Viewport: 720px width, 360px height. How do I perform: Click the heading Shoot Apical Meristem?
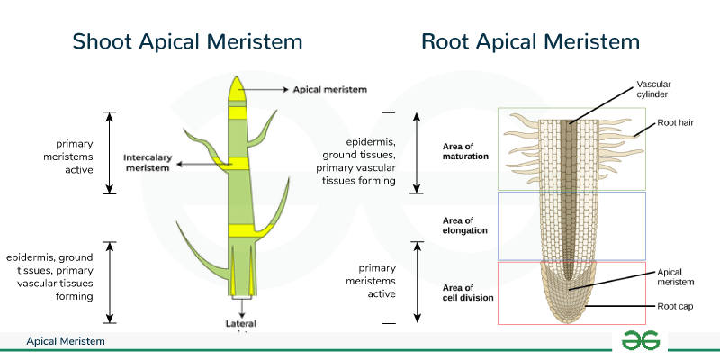click(x=187, y=41)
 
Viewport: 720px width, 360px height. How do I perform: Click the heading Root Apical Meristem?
click(x=531, y=41)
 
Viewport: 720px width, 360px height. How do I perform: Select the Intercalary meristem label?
click(x=147, y=162)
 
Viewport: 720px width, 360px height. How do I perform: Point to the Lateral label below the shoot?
click(x=240, y=322)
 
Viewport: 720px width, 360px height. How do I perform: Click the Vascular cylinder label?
click(x=654, y=89)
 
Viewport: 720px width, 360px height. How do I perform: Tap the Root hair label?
click(x=675, y=121)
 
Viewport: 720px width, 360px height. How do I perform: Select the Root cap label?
click(x=675, y=307)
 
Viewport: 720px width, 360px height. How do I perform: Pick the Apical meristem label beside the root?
click(x=676, y=276)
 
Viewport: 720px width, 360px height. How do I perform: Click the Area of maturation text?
click(x=465, y=150)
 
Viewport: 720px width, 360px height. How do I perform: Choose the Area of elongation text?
click(x=465, y=224)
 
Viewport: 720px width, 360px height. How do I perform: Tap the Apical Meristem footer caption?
click(x=66, y=342)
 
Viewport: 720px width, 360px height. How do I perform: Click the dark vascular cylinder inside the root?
click(x=567, y=180)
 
